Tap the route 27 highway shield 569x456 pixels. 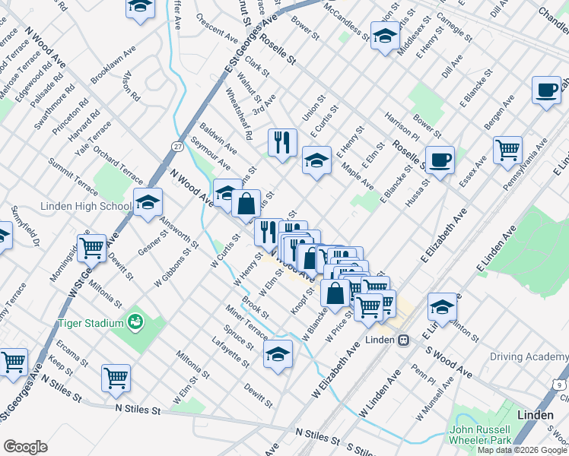pyautogui.click(x=178, y=146)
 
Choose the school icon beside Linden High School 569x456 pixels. pyautogui.click(x=148, y=202)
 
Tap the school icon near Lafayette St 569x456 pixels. pyautogui.click(x=278, y=353)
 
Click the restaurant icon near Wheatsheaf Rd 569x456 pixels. pyautogui.click(x=281, y=141)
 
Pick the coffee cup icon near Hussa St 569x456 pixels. pyautogui.click(x=440, y=160)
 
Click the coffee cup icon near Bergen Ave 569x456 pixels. pyautogui.click(x=546, y=90)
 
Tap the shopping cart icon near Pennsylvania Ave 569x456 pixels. pyautogui.click(x=507, y=148)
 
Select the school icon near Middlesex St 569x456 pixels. pyautogui.click(x=385, y=36)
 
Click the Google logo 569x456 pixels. pyautogui.click(x=25, y=447)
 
